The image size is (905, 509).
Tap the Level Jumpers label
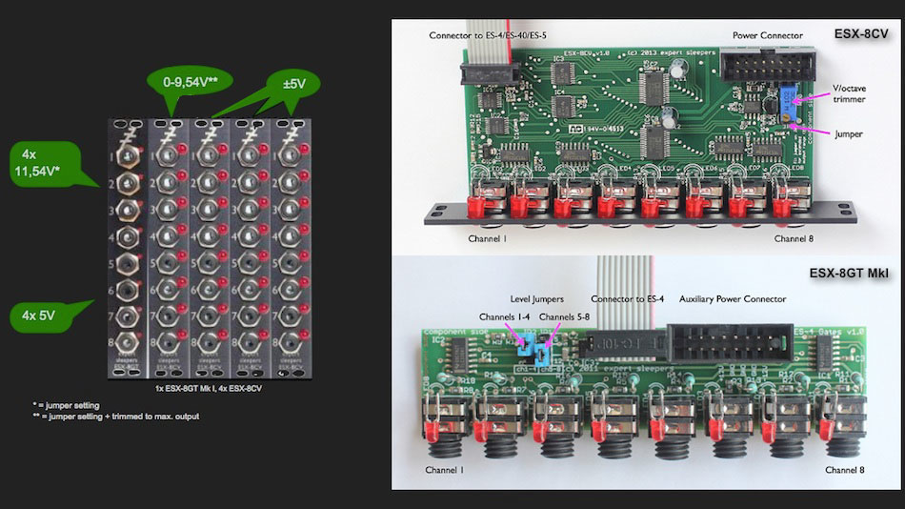[536, 298]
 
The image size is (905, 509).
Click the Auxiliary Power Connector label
[733, 298]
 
